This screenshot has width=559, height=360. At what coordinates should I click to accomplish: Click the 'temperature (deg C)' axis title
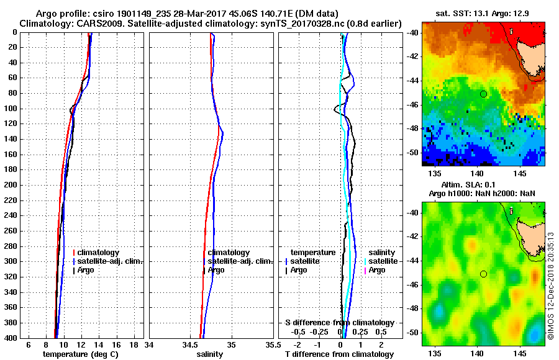80,354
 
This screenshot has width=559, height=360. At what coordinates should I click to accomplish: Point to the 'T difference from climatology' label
339,354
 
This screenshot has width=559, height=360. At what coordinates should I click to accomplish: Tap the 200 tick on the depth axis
12,185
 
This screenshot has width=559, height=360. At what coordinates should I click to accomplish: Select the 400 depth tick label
12,338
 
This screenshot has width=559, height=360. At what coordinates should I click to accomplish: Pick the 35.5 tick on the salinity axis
270,344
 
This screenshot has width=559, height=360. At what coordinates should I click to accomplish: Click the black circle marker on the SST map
483,94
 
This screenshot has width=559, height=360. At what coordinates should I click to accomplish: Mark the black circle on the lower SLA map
483,274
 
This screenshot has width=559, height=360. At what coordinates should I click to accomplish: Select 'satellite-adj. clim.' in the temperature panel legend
109,261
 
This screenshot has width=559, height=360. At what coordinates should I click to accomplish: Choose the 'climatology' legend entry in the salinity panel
229,253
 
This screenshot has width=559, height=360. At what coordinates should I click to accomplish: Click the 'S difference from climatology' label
340,323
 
